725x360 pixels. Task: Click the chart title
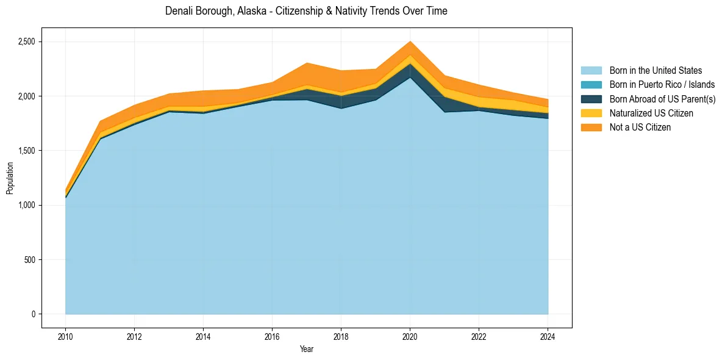coord(306,11)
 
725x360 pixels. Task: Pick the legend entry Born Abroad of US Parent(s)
coord(662,99)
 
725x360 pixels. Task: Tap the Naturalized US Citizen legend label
coord(651,113)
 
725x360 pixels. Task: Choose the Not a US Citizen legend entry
coord(640,128)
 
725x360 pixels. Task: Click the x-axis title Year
coord(306,350)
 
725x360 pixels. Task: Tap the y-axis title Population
coord(10,178)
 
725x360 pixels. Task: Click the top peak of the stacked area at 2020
coord(410,41)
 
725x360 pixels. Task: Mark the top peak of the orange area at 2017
coord(307,63)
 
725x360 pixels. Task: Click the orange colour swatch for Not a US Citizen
coord(591,128)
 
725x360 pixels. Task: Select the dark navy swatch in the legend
coord(591,99)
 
